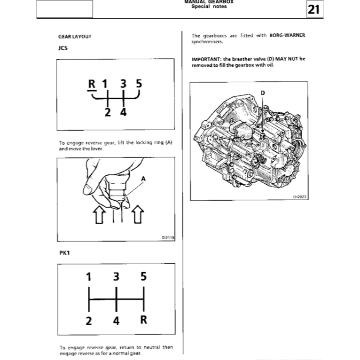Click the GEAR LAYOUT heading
click(x=74, y=36)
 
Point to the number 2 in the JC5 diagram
click(x=108, y=112)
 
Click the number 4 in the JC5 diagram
click(x=123, y=112)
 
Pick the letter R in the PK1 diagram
click(x=144, y=320)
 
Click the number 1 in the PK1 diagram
click(x=88, y=277)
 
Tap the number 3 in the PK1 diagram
click(x=116, y=277)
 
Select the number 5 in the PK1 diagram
click(x=143, y=277)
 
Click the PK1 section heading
click(x=64, y=253)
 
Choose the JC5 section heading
click(x=63, y=48)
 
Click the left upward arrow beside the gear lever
click(x=99, y=215)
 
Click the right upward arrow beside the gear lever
click(x=137, y=215)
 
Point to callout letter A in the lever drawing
click(x=143, y=179)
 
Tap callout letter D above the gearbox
click(x=262, y=93)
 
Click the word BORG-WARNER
click(x=288, y=36)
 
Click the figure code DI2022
click(x=299, y=197)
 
